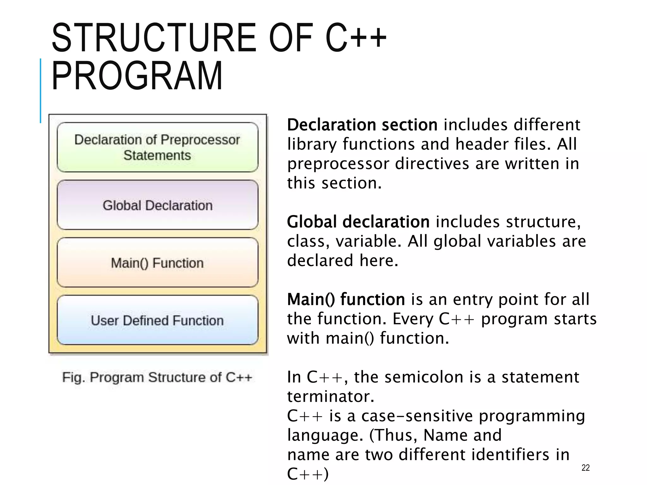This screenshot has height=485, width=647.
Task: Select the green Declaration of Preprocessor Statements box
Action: click(x=157, y=147)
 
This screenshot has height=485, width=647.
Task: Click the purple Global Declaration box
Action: click(x=157, y=205)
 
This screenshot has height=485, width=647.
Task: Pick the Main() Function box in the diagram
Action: click(x=157, y=263)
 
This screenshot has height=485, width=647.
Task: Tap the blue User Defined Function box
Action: click(x=157, y=320)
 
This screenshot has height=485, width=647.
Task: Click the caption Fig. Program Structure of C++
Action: click(x=157, y=377)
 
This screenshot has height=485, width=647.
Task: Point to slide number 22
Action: click(x=585, y=468)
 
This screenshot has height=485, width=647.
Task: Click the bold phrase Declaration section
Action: click(x=362, y=125)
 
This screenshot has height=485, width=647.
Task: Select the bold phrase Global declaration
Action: click(x=358, y=222)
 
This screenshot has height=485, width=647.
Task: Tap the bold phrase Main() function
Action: click(x=346, y=299)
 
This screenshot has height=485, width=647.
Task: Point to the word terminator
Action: click(x=330, y=397)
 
